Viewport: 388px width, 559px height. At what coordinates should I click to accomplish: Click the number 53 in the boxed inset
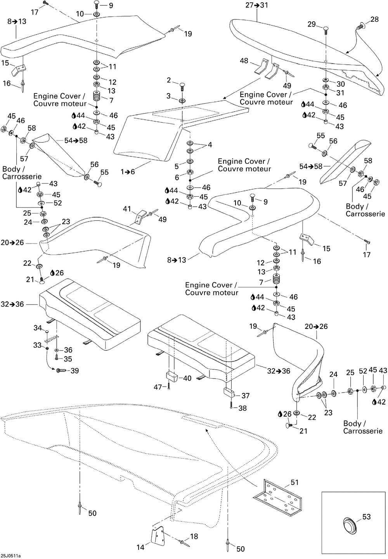click(x=366, y=517)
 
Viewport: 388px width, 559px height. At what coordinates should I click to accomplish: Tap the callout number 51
click(x=294, y=483)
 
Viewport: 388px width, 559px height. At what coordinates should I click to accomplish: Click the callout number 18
click(x=194, y=536)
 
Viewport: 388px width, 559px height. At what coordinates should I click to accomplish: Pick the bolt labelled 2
click(x=182, y=87)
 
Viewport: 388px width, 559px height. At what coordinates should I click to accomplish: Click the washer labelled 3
click(x=182, y=100)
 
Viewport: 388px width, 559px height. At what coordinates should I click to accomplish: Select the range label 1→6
click(x=128, y=172)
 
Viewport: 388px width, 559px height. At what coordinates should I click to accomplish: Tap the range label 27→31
click(x=257, y=5)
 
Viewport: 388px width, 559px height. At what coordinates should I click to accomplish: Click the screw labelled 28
click(x=361, y=26)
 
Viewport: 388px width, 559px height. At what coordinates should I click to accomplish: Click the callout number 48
click(x=244, y=61)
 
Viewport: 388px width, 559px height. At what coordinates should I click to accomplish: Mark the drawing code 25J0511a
click(x=10, y=556)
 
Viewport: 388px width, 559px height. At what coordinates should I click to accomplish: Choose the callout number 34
click(x=38, y=328)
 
